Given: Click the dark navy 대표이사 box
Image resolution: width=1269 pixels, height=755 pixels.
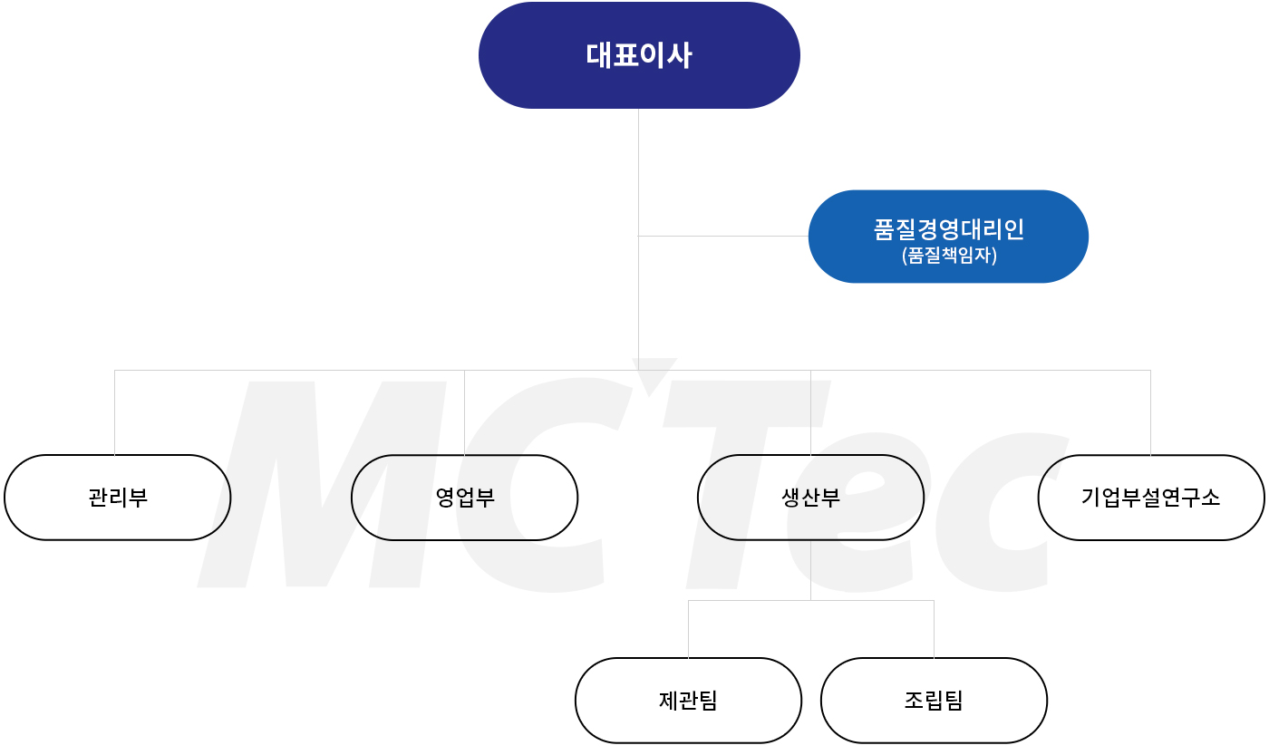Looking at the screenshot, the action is coord(639,55).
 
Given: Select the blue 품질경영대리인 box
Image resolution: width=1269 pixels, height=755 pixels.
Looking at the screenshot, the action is coord(948,237).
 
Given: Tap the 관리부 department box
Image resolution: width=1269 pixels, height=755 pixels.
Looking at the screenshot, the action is coord(117,498).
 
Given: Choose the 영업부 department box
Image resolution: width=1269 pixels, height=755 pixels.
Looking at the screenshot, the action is coord(464,498).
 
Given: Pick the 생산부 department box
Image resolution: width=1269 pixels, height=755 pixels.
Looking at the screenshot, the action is coord(810,498).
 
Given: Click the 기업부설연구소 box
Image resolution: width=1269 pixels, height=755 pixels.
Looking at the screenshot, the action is coord(1151,498).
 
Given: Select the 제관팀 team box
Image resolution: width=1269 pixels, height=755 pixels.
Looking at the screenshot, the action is coord(688,701).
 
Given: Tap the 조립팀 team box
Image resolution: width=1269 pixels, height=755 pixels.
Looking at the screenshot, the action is coord(934,701).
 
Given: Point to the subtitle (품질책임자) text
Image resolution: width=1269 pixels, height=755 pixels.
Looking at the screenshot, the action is coord(949,255).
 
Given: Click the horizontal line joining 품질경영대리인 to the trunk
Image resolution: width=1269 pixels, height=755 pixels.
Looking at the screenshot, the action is coord(723,236).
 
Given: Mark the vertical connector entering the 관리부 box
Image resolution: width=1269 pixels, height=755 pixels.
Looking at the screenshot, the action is coord(114,412).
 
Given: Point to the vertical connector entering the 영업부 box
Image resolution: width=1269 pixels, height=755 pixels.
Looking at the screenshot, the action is coord(464,412).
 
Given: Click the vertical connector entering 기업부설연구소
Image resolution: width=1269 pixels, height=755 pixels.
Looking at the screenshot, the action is coord(1150,412).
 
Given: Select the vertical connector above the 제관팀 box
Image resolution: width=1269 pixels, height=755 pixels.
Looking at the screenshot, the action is coord(688,629).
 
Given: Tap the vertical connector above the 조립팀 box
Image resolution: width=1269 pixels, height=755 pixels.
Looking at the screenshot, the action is coord(934,629).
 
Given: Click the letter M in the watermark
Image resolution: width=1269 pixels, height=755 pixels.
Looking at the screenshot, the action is coord(322,484).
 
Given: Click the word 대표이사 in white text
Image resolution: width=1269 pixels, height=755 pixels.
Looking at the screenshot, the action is coord(639,55).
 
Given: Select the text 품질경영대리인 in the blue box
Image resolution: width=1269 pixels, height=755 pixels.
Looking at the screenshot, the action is coord(949,228).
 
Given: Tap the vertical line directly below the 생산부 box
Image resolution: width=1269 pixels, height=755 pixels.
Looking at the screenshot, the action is coord(810,570).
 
